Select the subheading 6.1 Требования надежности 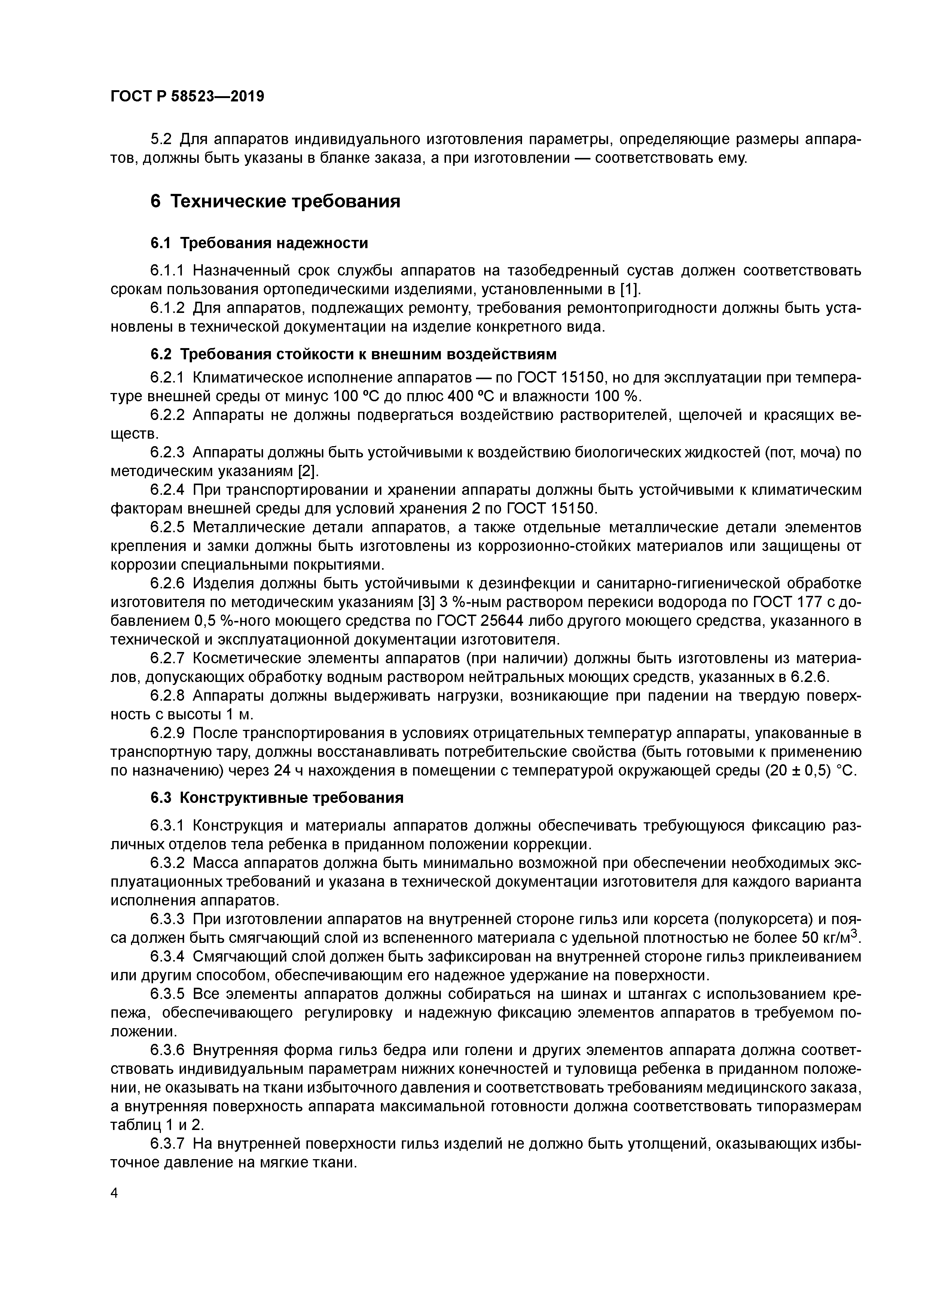click(x=259, y=243)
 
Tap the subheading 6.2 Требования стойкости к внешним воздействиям click(x=353, y=354)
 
